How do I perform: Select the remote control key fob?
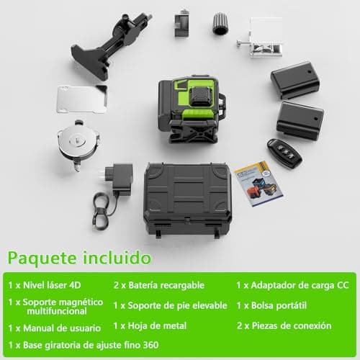pos(284,152)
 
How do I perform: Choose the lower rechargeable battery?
pos(300,120)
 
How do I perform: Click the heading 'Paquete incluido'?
pos(79,257)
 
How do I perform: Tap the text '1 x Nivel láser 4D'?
pos(44,286)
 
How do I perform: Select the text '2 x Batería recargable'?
pos(158,286)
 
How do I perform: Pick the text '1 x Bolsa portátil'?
pos(274,305)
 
